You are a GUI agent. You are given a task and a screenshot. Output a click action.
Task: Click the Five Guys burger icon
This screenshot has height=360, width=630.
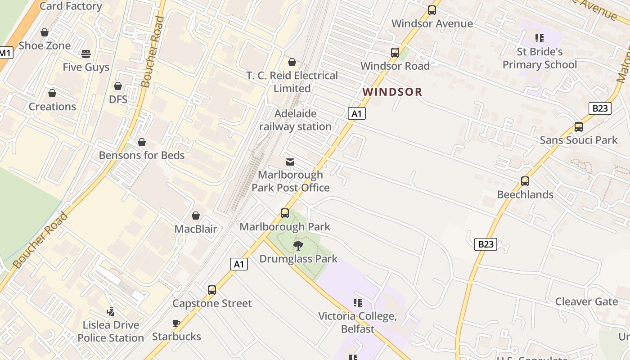(86, 54)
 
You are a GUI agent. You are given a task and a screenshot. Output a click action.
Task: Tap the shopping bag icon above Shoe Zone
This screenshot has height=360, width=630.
(45, 32)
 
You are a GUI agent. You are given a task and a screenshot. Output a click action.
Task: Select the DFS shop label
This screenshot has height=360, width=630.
(118, 99)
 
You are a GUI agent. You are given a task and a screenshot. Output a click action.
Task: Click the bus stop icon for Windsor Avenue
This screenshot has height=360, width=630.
(432, 10)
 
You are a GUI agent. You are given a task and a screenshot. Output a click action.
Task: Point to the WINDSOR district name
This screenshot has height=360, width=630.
(392, 92)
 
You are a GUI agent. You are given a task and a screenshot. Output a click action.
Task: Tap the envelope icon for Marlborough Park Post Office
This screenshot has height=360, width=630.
(290, 162)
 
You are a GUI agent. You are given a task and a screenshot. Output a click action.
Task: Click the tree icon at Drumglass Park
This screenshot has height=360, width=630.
(298, 245)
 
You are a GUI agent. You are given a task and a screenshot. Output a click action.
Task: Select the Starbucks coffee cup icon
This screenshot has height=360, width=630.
(176, 324)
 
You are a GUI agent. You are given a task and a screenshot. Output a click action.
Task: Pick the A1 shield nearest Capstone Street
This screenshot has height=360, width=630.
(239, 264)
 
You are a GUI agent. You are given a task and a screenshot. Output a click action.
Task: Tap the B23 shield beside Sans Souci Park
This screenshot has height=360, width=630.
(600, 108)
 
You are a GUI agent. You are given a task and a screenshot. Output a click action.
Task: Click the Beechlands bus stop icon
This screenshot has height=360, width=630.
(525, 181)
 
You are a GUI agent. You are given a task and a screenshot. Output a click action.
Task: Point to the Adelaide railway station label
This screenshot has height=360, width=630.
(295, 120)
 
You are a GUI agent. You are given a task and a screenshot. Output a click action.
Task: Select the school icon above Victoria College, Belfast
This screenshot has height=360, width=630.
(358, 303)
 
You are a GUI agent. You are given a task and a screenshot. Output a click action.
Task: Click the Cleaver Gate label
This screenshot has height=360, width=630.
(586, 301)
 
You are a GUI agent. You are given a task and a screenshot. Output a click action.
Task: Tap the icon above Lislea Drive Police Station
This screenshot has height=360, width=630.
(110, 311)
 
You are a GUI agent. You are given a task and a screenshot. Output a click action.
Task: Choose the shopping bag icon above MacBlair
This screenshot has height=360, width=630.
(196, 216)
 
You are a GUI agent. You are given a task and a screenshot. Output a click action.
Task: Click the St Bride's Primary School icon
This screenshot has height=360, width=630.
(539, 38)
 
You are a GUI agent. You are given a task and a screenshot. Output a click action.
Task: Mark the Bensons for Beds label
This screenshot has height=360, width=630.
(142, 155)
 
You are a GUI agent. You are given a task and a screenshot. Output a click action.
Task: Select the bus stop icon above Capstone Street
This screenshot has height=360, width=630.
(212, 290)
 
